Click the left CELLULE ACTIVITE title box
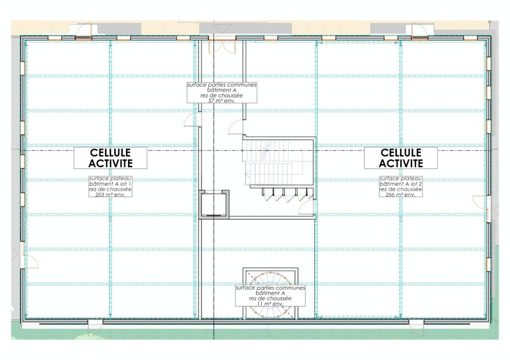(110, 158)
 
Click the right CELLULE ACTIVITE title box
(400, 158)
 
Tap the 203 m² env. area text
(110, 195)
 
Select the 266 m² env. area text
(400, 195)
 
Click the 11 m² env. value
(270, 303)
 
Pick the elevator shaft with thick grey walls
(214, 204)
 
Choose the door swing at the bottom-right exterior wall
(417, 327)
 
